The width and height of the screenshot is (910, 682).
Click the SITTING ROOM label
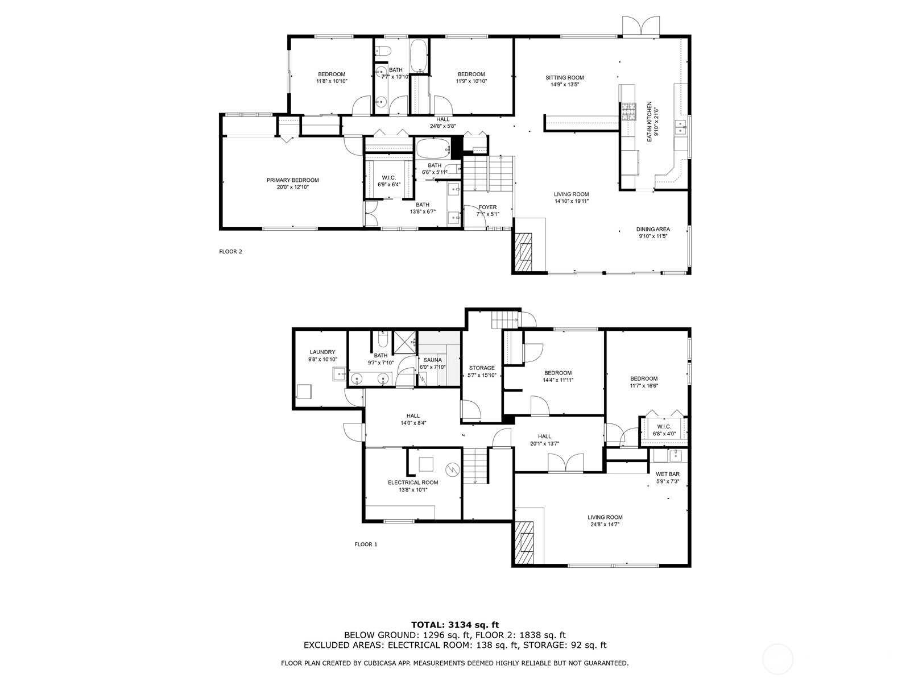564,77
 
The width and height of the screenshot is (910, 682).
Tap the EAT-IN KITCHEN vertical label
650,122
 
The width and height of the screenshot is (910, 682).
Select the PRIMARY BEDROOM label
293,180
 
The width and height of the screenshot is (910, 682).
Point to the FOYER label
487,207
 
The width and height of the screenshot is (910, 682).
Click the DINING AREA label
653,230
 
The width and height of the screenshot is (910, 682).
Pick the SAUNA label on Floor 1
432,360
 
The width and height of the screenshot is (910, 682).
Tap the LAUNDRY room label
322,352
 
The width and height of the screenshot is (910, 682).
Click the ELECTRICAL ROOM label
413,483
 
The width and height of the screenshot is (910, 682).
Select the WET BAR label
668,474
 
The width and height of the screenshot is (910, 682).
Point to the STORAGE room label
482,368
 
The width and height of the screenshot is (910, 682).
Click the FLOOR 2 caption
230,251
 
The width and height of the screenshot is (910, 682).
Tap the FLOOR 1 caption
366,544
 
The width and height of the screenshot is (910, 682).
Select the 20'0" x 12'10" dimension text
293,187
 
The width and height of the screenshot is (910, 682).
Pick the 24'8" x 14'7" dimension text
605,524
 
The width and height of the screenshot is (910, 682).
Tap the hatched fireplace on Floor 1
524,542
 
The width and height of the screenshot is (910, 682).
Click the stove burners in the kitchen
628,112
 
